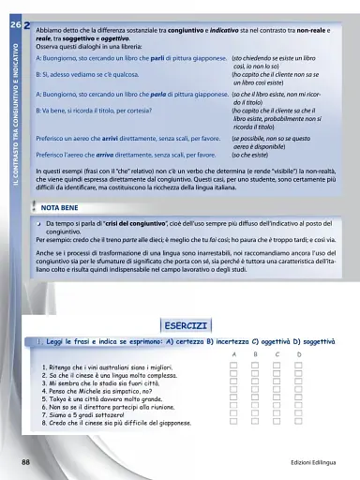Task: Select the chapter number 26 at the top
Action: pyautogui.click(x=12, y=7)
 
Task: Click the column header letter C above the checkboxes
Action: pyautogui.click(x=277, y=355)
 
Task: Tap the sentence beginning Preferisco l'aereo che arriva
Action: pyautogui.click(x=127, y=153)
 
